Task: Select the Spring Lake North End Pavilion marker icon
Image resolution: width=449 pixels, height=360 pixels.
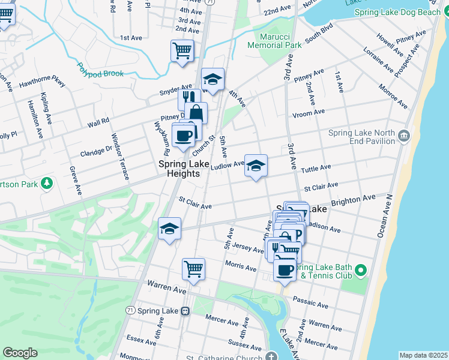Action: (403, 137)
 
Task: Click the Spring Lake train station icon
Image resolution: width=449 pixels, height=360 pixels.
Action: (185, 311)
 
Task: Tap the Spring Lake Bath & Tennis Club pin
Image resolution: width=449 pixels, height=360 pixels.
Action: (360, 271)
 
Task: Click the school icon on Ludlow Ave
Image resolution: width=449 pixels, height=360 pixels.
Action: (256, 166)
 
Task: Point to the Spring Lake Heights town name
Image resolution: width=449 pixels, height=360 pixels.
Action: (179, 168)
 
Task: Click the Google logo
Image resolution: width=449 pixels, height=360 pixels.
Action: (20, 353)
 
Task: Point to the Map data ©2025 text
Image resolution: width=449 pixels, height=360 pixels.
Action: (423, 355)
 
